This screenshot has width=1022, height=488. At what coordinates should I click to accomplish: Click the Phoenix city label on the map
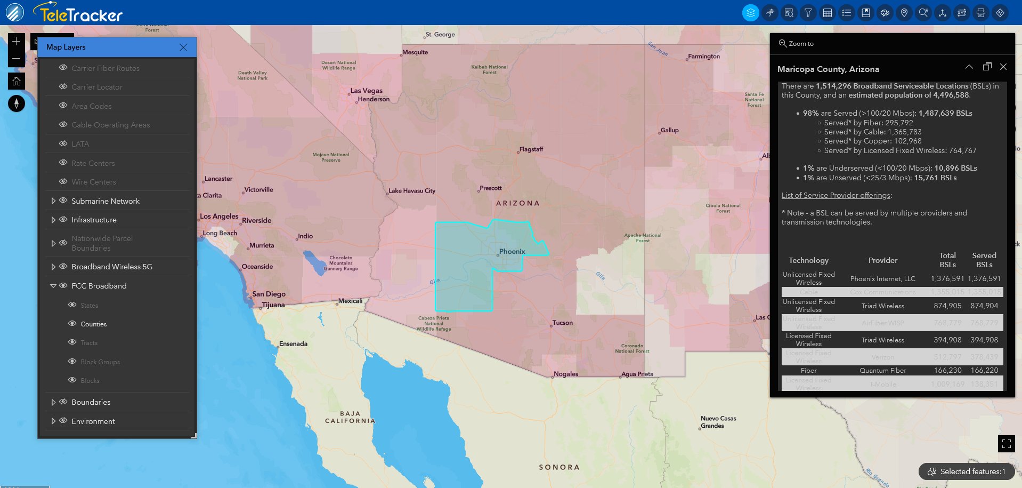click(x=512, y=251)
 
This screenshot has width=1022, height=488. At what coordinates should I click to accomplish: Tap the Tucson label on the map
click(x=562, y=323)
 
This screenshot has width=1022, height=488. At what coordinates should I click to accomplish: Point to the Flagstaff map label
click(x=531, y=149)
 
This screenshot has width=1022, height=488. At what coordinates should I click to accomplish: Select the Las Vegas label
click(x=366, y=91)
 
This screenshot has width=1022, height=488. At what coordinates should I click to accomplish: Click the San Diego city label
click(x=269, y=294)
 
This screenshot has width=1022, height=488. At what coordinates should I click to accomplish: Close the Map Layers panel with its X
click(x=183, y=47)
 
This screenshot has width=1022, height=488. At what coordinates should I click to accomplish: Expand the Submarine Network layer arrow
click(x=53, y=201)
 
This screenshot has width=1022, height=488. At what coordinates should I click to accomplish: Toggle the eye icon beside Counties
click(x=72, y=324)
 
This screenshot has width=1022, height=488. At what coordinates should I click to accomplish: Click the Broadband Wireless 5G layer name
click(x=112, y=267)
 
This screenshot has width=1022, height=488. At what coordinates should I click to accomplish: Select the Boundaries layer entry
click(x=91, y=402)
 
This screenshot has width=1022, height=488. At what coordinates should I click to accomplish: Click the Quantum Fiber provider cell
click(x=882, y=370)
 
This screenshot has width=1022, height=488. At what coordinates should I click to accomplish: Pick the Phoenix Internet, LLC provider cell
click(x=882, y=278)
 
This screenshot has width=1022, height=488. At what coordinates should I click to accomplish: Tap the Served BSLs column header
click(x=984, y=260)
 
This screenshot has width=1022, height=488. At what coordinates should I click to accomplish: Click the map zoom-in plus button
click(x=17, y=42)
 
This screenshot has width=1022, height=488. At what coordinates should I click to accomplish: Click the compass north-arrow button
click(x=17, y=103)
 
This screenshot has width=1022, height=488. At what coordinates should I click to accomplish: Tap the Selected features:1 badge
click(x=966, y=471)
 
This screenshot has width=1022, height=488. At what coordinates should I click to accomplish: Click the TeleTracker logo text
click(x=80, y=14)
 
